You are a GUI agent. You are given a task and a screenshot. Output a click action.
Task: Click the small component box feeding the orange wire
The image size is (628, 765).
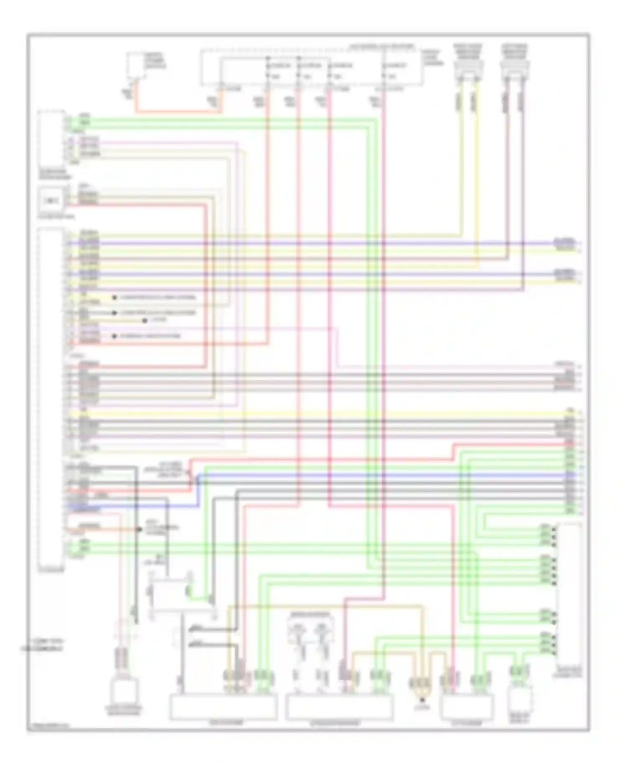[x=137, y=65]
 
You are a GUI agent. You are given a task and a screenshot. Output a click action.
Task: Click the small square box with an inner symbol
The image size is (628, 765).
[x=50, y=201]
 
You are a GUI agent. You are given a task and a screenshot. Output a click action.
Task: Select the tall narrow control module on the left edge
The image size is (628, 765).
[x=51, y=398]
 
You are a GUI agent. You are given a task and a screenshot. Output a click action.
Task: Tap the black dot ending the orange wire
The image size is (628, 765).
[x=139, y=529]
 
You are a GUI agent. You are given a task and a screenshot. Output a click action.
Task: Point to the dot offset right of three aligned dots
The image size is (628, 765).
[x=144, y=321]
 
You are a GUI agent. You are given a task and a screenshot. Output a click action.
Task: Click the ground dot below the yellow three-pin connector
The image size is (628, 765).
[x=422, y=699]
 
